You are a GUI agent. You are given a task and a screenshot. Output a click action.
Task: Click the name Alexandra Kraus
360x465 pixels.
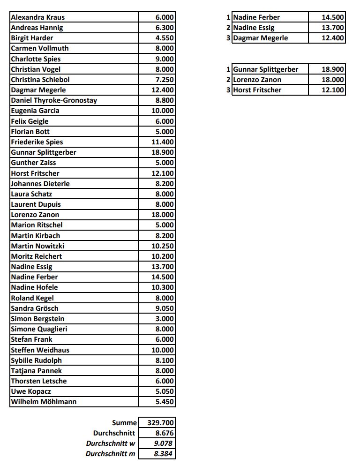pyautogui.click(x=37, y=17)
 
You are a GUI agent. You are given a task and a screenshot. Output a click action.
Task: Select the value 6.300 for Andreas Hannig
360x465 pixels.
pyautogui.click(x=165, y=28)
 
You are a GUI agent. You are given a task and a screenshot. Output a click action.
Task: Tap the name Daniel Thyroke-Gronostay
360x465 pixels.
pyautogui.click(x=54, y=100)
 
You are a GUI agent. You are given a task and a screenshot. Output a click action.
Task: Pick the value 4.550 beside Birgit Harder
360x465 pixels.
pyautogui.click(x=165, y=38)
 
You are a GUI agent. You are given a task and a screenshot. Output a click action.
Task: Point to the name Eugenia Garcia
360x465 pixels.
pyautogui.click(x=35, y=111)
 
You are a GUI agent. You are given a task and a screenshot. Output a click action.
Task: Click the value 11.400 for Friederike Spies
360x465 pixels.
pyautogui.click(x=163, y=142)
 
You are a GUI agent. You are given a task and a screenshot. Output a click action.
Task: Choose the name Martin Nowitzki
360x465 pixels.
pyautogui.click(x=37, y=246)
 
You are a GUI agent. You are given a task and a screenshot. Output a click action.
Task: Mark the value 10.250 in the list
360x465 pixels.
pyautogui.click(x=163, y=246)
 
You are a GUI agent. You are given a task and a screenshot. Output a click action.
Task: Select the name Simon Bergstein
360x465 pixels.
pyautogui.click(x=37, y=319)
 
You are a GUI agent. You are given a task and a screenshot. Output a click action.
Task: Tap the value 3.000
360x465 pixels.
pyautogui.click(x=165, y=319)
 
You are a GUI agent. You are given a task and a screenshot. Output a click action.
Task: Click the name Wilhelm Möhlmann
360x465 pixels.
pyautogui.click(x=44, y=402)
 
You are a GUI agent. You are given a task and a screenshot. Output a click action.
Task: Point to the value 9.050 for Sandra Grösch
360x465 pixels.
pyautogui.click(x=165, y=308)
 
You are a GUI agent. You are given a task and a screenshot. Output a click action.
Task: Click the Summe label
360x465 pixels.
pyautogui.click(x=124, y=423)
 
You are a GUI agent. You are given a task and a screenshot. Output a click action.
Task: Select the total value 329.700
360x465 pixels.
pyautogui.click(x=161, y=423)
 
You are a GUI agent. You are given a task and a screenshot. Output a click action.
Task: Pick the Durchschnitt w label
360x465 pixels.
pyautogui.click(x=111, y=443)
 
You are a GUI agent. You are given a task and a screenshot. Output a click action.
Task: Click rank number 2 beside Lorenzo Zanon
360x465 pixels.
pyautogui.click(x=228, y=80)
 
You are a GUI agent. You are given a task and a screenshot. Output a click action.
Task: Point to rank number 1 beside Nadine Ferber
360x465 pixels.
pyautogui.click(x=228, y=17)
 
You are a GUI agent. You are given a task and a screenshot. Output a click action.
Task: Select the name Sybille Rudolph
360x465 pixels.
pyautogui.click(x=36, y=360)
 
